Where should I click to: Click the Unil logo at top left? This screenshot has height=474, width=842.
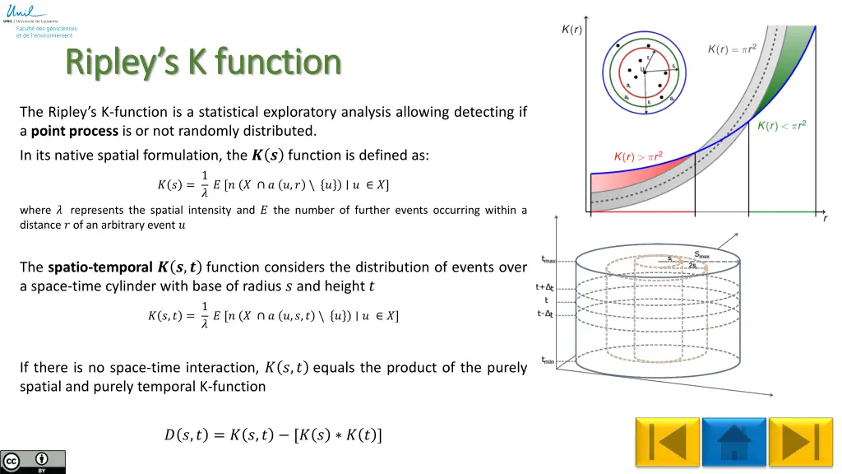pos(18,12)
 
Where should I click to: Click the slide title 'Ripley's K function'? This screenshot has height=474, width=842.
pos(203,62)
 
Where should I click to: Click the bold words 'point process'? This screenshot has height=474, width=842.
pos(75,131)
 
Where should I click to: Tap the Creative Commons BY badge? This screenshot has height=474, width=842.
pos(33,462)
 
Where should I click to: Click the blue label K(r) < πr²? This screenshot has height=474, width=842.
pos(780,125)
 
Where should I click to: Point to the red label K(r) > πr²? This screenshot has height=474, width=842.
pos(649,156)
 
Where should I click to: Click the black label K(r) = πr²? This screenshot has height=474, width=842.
pos(733,49)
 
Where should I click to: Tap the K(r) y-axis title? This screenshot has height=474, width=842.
pos(571,30)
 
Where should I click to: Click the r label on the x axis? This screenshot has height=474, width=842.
pos(825,218)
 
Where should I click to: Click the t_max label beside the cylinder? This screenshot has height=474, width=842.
pos(548,260)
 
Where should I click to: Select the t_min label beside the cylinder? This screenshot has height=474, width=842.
pos(548,360)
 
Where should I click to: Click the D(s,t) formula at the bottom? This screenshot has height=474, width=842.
pos(273,434)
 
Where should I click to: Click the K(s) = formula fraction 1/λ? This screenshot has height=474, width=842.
pos(205,184)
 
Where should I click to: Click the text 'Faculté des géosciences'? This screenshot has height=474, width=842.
pos(46,29)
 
